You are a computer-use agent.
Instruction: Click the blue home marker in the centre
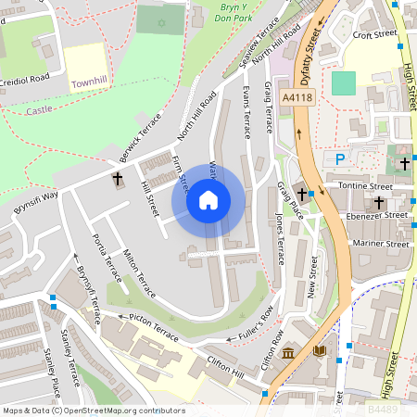(x=208, y=199)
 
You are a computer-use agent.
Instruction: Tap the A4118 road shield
(x=297, y=95)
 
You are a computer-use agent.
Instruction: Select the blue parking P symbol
(x=339, y=159)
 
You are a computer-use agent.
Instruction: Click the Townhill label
(x=90, y=82)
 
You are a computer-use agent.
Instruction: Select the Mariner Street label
(x=379, y=244)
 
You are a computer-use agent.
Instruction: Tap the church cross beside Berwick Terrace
(x=118, y=178)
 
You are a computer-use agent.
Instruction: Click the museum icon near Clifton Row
(x=288, y=352)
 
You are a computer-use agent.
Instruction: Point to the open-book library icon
(x=320, y=351)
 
